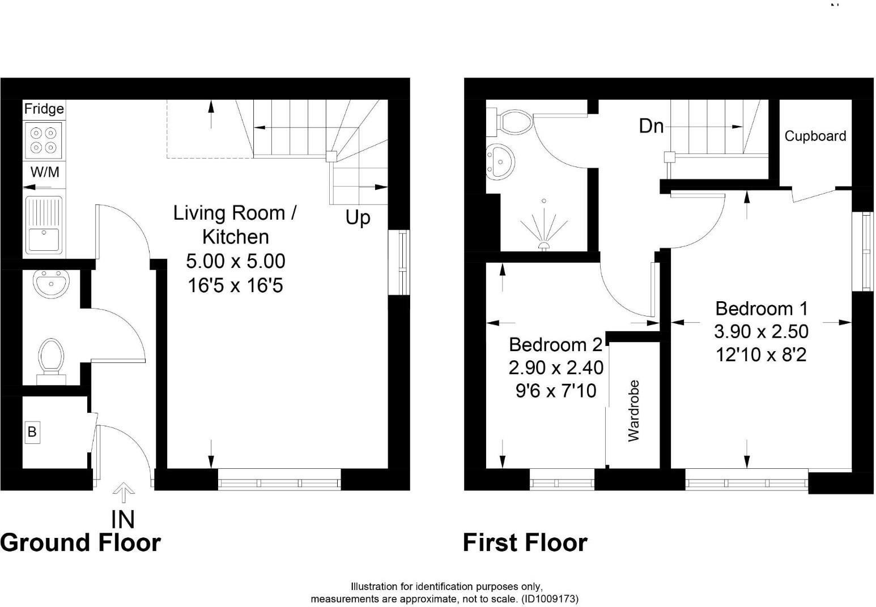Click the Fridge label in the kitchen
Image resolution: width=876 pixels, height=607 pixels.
point(44,109)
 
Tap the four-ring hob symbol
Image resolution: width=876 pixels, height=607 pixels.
point(44,140)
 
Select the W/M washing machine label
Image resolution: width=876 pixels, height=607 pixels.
point(44,172)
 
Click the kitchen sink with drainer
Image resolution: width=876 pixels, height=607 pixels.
point(44,224)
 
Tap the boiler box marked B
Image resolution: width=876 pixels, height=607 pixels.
point(32,432)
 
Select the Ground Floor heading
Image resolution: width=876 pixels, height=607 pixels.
point(80,542)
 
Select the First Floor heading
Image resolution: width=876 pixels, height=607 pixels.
point(525,542)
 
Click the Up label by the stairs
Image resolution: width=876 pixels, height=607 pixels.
point(358,217)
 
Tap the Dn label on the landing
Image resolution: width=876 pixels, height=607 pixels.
point(651,126)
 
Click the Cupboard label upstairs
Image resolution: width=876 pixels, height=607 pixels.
point(815,136)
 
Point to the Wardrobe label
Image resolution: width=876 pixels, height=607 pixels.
point(633,411)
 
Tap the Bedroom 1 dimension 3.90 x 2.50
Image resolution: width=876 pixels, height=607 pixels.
point(760,331)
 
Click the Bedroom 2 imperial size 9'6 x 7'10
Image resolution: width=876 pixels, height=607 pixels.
point(555,391)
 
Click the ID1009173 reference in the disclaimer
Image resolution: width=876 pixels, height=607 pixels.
point(549,599)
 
